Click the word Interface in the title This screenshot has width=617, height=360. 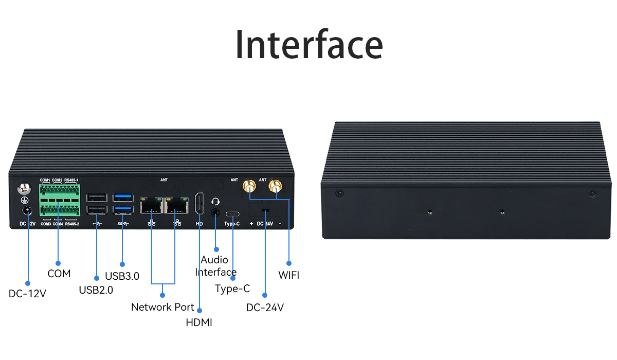[x=308, y=45]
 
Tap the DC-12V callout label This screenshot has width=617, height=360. [x=28, y=294]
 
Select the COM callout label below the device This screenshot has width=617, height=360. [x=59, y=274]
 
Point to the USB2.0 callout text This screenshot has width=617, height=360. [x=96, y=290]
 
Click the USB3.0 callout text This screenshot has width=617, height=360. [x=122, y=276]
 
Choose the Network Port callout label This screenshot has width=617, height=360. [x=162, y=307]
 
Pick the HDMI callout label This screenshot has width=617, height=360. [x=199, y=322]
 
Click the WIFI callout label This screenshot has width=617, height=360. [x=288, y=275]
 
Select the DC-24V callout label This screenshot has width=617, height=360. [x=265, y=308]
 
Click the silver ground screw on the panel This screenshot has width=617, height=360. [x=23, y=189]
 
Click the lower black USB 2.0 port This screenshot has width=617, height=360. [x=97, y=210]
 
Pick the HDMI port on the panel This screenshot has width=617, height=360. [x=199, y=204]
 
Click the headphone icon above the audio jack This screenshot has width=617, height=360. [x=216, y=202]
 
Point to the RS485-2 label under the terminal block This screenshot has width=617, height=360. [x=72, y=224]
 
